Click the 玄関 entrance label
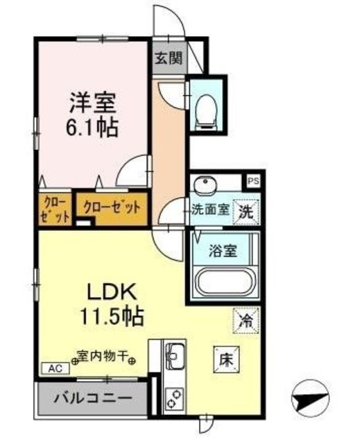click(x=169, y=58)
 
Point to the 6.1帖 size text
click(x=91, y=127)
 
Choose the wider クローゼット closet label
click(x=112, y=207)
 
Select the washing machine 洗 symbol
click(x=246, y=212)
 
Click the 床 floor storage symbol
click(x=227, y=360)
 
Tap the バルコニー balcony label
click(x=94, y=399)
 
